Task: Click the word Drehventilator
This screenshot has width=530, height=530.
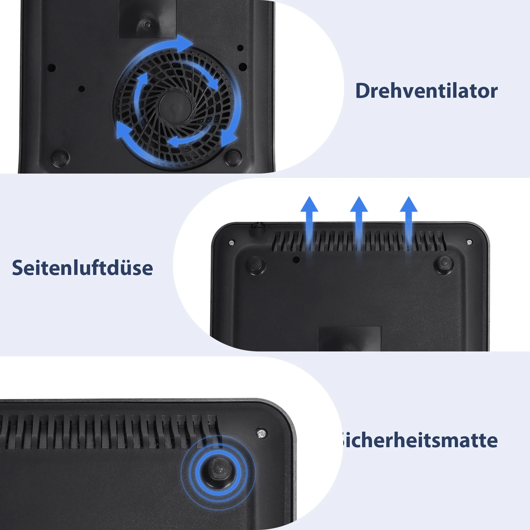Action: pyautogui.click(x=426, y=91)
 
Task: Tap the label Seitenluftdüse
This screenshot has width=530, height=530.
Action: pyautogui.click(x=82, y=268)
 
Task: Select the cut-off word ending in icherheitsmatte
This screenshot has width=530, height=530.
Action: pyautogui.click(x=419, y=440)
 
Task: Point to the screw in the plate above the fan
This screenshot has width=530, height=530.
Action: pyautogui.click(x=147, y=24)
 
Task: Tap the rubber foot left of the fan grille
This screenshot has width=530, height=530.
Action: pyautogui.click(x=61, y=157)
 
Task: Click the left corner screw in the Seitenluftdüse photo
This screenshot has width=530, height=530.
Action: pyautogui.click(x=232, y=243)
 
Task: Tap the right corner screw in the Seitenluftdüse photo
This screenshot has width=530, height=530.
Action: pyautogui.click(x=469, y=242)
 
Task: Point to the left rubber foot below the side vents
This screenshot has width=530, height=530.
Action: pyautogui.click(x=256, y=264)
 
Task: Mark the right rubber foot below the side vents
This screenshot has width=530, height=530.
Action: pyautogui.click(x=444, y=264)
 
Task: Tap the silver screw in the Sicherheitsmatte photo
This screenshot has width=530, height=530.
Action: pyautogui.click(x=262, y=433)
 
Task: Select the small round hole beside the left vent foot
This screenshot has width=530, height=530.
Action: pyautogui.click(x=296, y=260)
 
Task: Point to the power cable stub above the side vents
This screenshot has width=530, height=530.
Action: pyautogui.click(x=257, y=229)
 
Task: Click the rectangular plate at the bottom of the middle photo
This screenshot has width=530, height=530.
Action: pyautogui.click(x=349, y=339)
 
